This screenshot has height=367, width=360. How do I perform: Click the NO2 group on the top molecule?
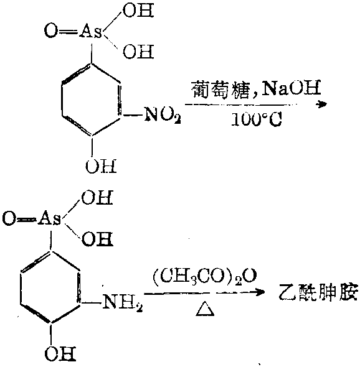click(x=163, y=114)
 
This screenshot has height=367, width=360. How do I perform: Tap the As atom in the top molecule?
click(x=91, y=31)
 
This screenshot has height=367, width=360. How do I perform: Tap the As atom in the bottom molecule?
click(x=50, y=219)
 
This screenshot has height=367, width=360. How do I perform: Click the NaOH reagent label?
click(x=291, y=88)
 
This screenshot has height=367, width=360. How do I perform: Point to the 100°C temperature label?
click(x=256, y=120)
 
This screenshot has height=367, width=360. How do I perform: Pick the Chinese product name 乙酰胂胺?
click(x=318, y=292)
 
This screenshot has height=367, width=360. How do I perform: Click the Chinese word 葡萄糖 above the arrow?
click(x=220, y=89)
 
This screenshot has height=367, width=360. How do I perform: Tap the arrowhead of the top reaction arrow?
click(x=321, y=105)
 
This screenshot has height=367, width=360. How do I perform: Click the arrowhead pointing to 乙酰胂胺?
click(x=260, y=292)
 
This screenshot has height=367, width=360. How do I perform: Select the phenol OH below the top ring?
click(x=101, y=166)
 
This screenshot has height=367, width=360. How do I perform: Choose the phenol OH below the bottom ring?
click(x=60, y=354)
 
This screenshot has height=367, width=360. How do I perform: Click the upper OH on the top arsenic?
click(x=138, y=11)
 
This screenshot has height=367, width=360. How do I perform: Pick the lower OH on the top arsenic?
click(x=138, y=52)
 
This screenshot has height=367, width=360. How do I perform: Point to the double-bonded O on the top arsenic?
click(x=51, y=31)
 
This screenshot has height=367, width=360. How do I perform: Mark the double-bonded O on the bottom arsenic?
click(x=9, y=219)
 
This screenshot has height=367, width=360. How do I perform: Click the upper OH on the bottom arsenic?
click(x=97, y=198)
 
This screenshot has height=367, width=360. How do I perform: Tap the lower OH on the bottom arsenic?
click(x=97, y=239)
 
